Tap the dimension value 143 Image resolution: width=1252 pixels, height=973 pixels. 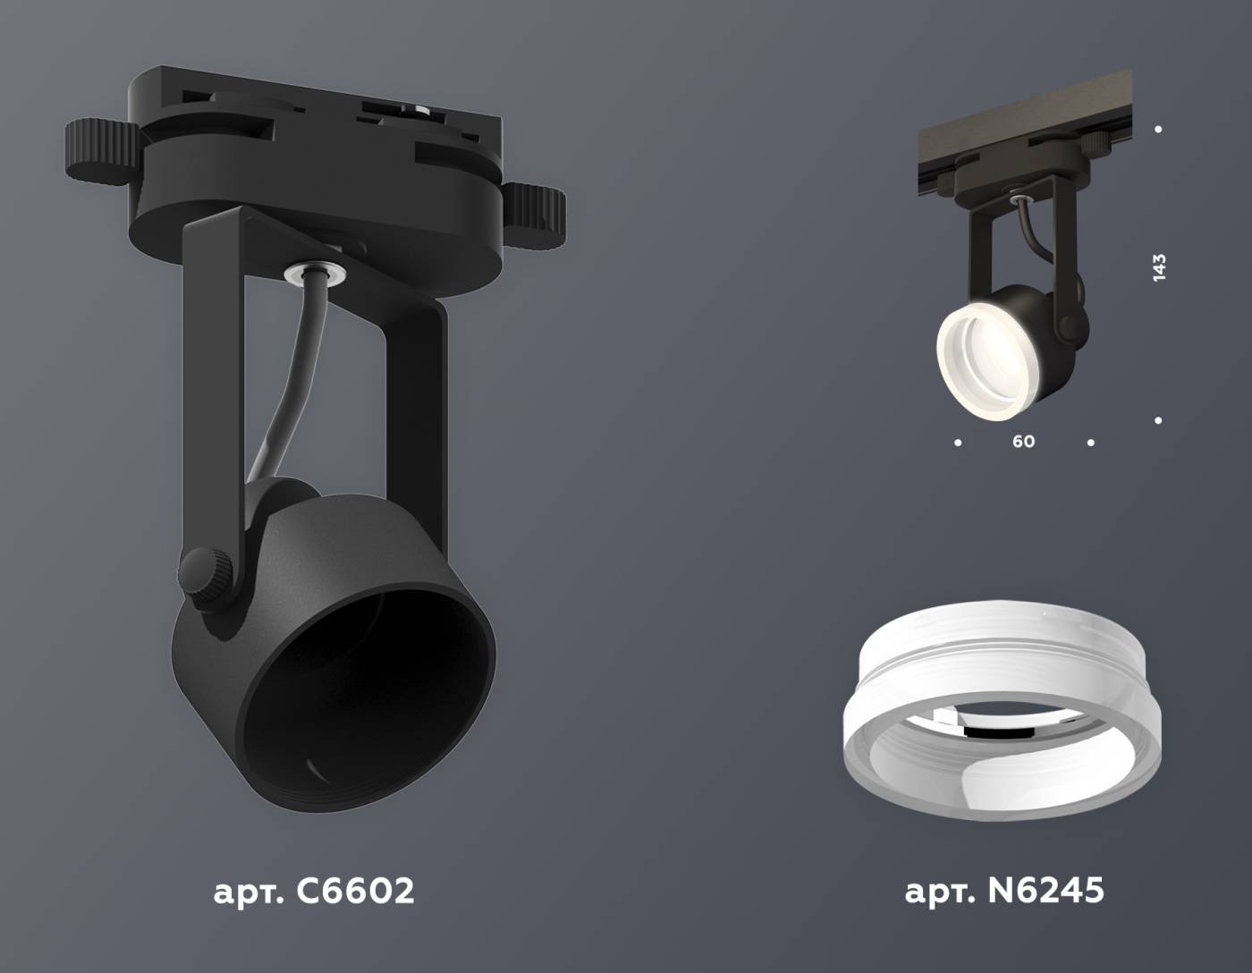[x=1159, y=268]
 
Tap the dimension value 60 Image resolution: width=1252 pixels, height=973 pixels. [x=1024, y=442]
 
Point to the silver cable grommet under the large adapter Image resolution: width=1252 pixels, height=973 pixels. [x=311, y=270]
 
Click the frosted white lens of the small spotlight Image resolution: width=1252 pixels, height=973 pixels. [x=975, y=349]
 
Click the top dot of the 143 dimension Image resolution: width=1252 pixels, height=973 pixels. [x=1159, y=130]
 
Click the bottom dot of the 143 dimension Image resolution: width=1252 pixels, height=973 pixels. [x=1159, y=419]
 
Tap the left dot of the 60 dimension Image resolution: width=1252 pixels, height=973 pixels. [x=959, y=442]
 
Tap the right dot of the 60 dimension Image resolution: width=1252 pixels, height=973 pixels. [x=1090, y=442]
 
